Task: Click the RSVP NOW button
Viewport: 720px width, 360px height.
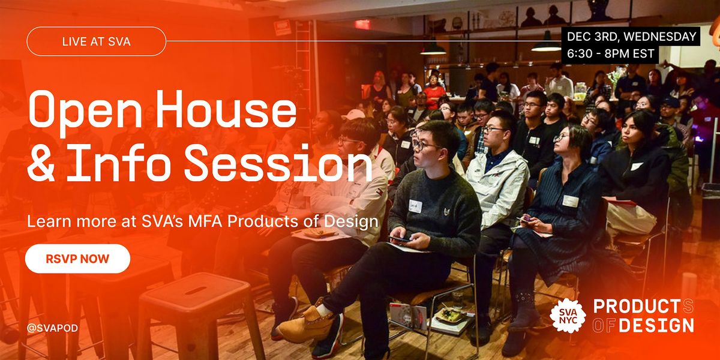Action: pos(77,259)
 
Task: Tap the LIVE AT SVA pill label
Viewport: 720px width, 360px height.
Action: pos(96,41)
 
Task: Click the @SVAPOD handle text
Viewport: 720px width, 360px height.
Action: pos(52,328)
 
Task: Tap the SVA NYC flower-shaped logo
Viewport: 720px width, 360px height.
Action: pos(567,315)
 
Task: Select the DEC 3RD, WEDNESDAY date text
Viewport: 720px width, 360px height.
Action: pos(632,37)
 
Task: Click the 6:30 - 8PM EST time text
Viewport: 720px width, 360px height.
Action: pos(611,53)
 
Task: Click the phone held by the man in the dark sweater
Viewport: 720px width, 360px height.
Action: pos(399,239)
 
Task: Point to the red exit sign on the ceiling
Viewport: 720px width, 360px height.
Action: pos(362,24)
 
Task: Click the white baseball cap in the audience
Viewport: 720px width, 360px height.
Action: pos(353,114)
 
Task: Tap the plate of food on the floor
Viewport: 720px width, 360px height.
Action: pos(451,314)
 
